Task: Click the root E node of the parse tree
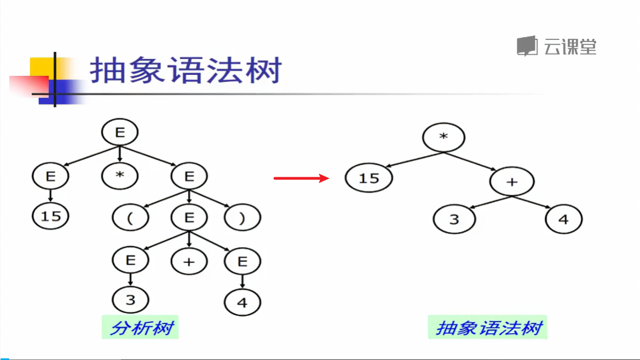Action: click(120, 132)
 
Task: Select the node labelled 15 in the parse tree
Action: click(50, 216)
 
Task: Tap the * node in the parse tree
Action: click(120, 176)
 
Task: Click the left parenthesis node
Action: click(130, 218)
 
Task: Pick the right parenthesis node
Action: click(243, 218)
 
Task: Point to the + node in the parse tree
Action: click(189, 261)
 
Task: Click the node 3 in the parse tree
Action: click(130, 300)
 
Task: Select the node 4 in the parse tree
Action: click(243, 303)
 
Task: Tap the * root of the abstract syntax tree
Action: click(443, 137)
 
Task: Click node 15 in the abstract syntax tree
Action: click(369, 178)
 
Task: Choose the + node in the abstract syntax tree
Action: click(512, 182)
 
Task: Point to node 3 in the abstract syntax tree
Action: click(454, 220)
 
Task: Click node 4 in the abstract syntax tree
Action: click(563, 220)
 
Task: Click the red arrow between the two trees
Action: click(301, 178)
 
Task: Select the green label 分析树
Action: click(141, 328)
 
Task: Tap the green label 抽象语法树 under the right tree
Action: click(488, 328)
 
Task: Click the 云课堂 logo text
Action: click(569, 47)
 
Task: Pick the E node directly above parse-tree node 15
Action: click(50, 176)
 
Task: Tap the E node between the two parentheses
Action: click(189, 218)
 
